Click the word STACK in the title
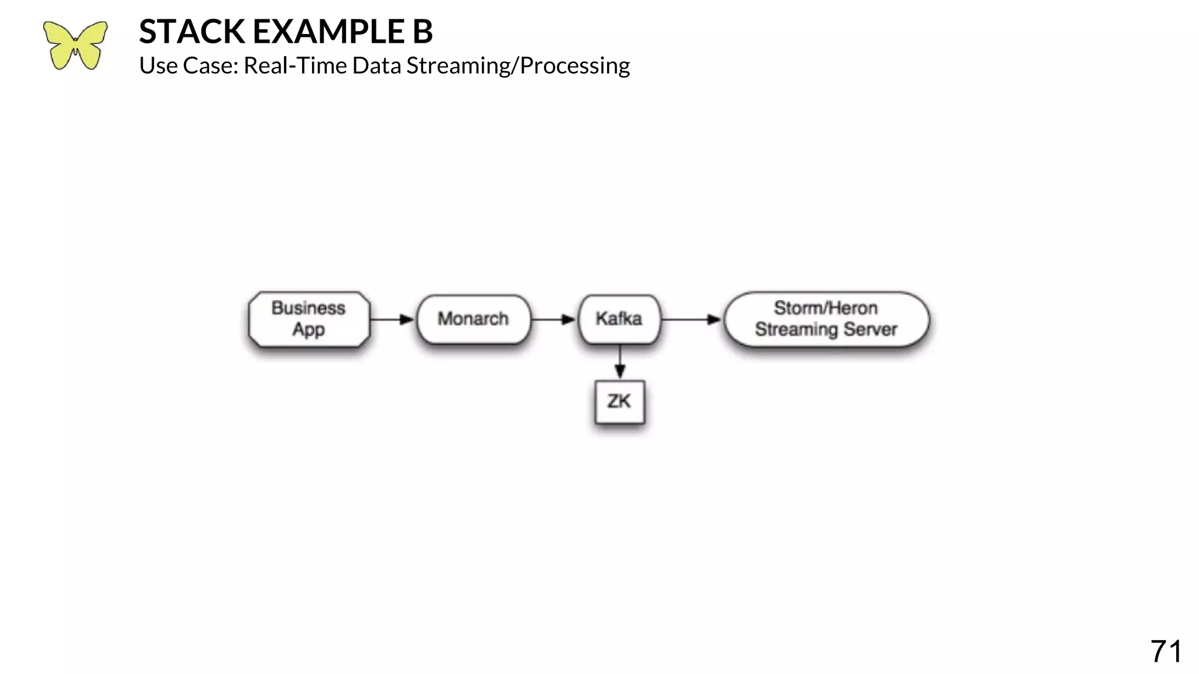click(x=191, y=32)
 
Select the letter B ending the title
click(x=422, y=32)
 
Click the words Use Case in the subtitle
click(x=188, y=66)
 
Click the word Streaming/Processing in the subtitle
click(x=518, y=66)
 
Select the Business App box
click(x=309, y=319)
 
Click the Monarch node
click(x=473, y=319)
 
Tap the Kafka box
click(x=619, y=319)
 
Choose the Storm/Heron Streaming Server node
click(x=825, y=319)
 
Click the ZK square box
click(x=619, y=402)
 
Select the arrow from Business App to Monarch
click(x=392, y=319)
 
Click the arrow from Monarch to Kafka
click(x=554, y=319)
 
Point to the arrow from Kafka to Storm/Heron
click(x=691, y=319)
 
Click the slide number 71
click(x=1165, y=651)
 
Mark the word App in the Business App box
click(x=309, y=330)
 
